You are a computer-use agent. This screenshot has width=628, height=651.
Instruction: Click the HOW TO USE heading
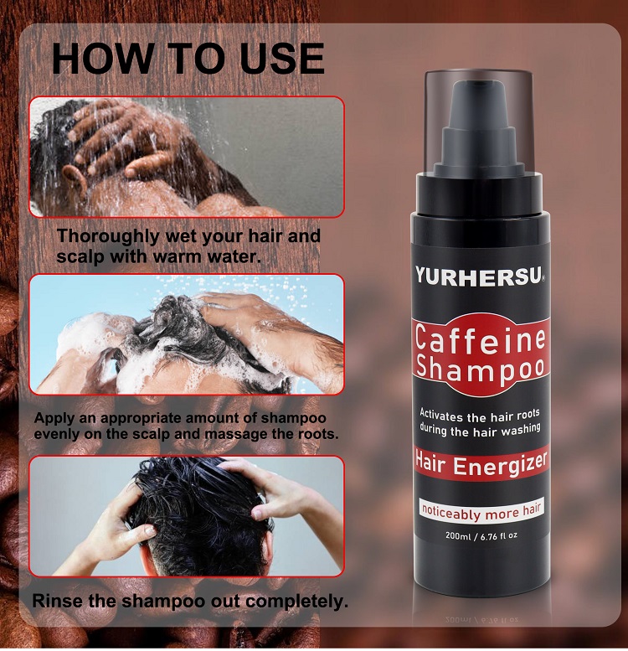click(x=188, y=58)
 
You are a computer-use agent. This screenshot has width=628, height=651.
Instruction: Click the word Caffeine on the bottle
click(x=481, y=341)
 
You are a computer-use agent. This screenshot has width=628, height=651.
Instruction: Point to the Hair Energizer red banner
click(x=480, y=462)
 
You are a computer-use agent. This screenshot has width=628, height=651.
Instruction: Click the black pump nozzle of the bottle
click(x=479, y=126)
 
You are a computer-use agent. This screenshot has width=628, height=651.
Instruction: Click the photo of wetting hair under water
click(x=187, y=157)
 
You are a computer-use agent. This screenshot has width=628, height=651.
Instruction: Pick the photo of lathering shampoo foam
click(x=187, y=334)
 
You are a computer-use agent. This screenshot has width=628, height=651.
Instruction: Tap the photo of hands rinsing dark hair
click(x=187, y=516)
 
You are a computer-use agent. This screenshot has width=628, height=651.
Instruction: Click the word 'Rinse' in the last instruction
click(x=60, y=601)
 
